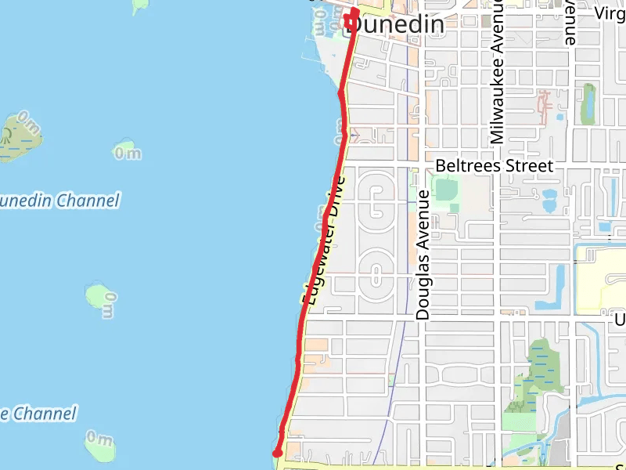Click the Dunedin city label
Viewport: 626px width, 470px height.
coord(395,25)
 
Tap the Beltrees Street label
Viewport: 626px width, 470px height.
coord(495,166)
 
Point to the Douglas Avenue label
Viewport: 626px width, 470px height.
coord(423,255)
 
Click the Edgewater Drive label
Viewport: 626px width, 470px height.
coord(324,240)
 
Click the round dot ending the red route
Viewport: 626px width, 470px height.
coord(276,453)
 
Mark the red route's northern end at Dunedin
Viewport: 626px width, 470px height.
coord(354,12)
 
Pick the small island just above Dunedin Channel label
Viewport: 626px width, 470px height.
coord(125,150)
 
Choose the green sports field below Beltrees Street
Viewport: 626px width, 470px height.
coord(445,190)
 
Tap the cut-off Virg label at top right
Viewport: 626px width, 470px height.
coord(610,13)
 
